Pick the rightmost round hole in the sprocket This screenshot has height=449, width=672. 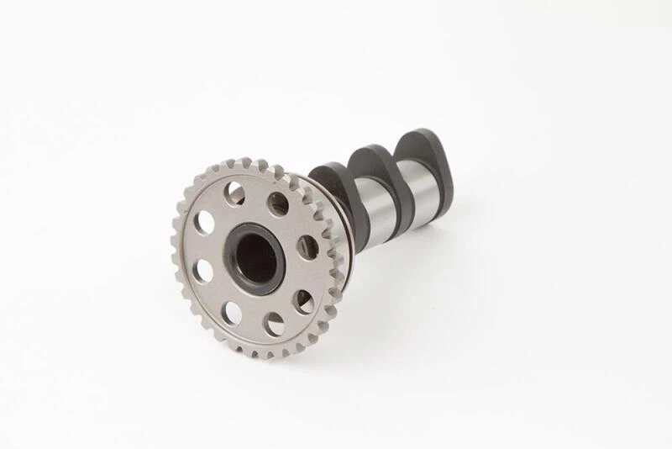308,246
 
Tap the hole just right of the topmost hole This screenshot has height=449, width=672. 278,203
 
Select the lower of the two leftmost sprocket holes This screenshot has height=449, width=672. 202,271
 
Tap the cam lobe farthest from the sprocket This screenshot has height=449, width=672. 424,151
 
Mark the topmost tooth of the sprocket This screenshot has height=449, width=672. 244,161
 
